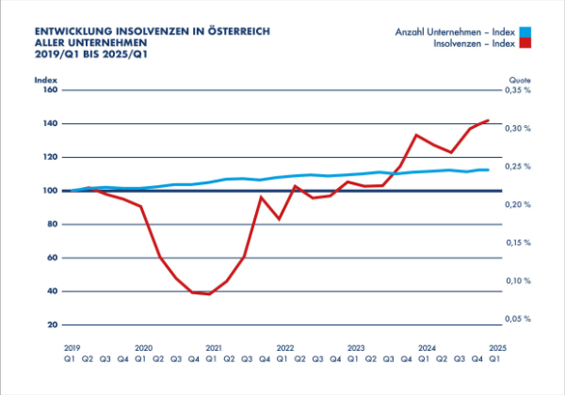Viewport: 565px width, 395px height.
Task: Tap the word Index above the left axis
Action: click(46, 80)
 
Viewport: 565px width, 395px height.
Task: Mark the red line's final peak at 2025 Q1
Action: click(488, 120)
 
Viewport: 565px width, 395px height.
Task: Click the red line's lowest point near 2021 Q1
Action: click(209, 293)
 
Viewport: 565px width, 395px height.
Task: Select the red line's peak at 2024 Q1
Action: click(416, 134)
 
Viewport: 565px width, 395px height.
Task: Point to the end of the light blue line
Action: click(488, 170)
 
